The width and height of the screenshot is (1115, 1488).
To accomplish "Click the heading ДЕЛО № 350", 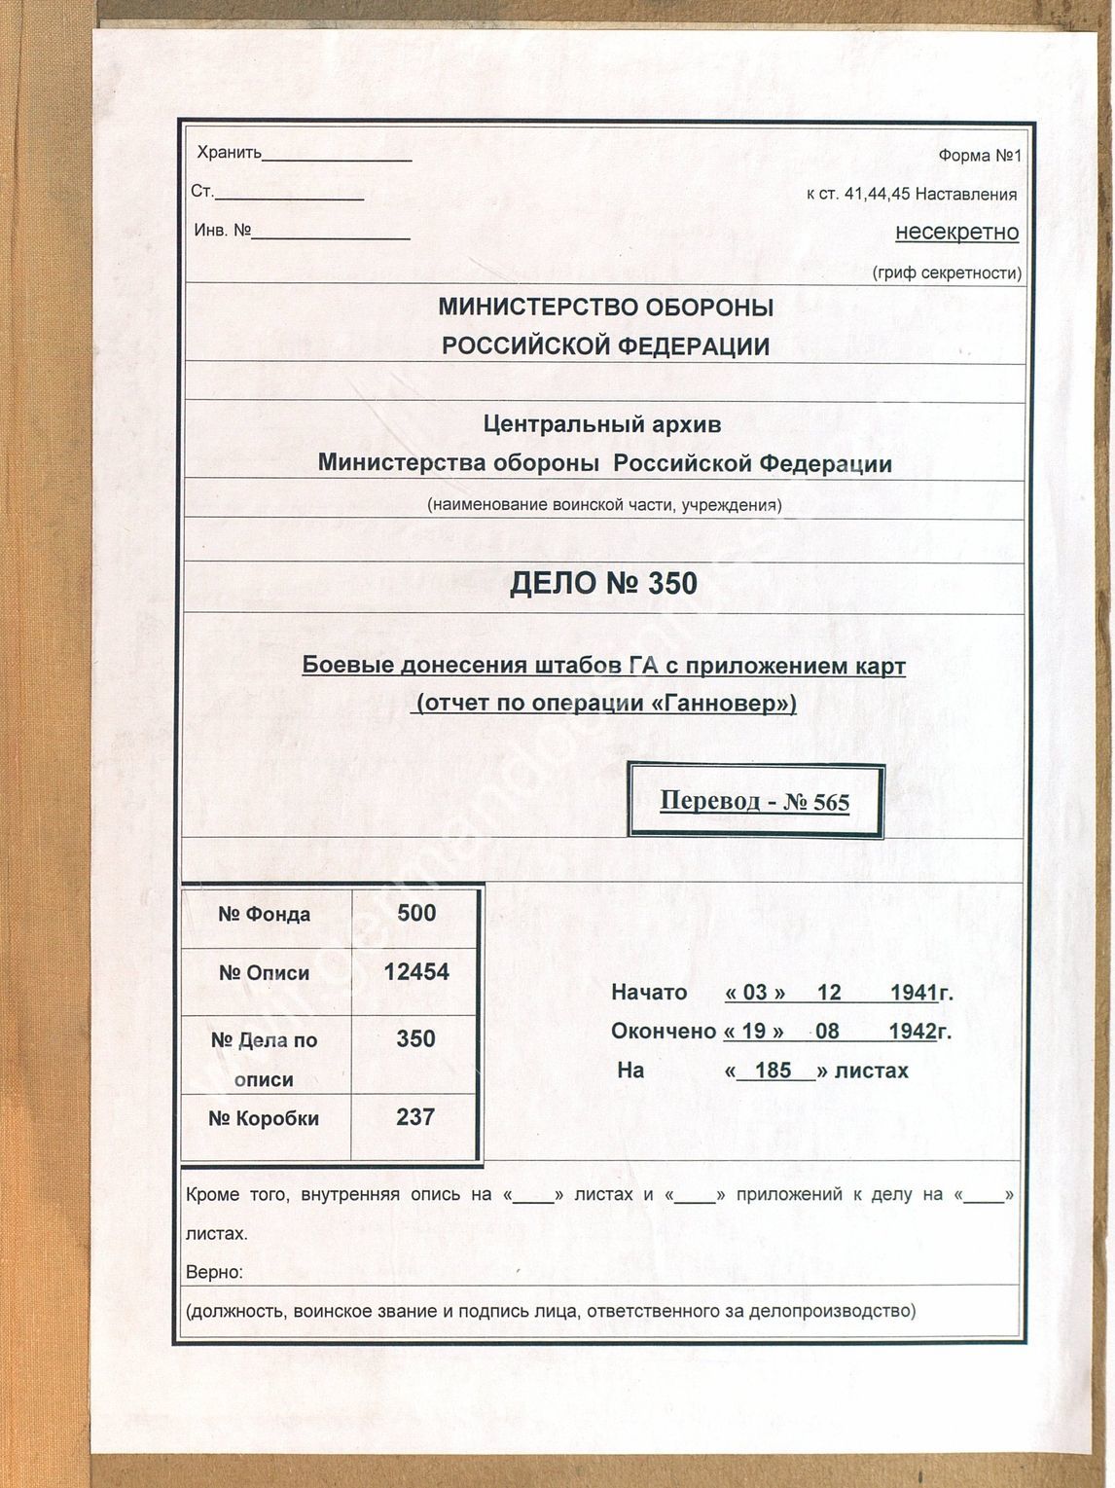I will pos(603,584).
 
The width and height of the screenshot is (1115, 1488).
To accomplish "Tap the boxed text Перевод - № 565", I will pos(754,801).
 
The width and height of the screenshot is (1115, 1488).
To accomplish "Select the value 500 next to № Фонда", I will pos(416,913).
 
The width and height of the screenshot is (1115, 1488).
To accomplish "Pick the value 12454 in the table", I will pos(416,971).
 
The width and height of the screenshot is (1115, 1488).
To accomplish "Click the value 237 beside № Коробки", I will pos(415,1117).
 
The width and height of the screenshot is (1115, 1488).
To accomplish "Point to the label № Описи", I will pos(264,973).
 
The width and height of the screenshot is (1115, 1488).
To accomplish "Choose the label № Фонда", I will pos(264,914).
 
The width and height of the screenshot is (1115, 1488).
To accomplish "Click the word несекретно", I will pos(956,233).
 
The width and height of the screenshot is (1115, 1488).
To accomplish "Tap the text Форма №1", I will pos(980,156).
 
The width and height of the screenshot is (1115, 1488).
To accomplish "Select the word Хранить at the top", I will pos(230,153).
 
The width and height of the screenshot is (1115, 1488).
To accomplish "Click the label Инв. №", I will pos(223,231).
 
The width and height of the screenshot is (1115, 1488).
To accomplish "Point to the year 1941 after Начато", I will pos(912,993).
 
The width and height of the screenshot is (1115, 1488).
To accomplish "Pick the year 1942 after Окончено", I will pos(912,1032).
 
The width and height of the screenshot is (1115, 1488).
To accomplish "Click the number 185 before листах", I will pos(773,1071).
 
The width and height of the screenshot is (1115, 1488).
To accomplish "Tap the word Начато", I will pos(649,993).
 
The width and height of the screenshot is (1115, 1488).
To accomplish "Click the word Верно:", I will pos(214,1272).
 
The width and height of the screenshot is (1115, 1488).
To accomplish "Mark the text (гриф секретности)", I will pos(947,272).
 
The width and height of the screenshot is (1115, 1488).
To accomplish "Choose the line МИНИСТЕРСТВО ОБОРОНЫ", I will pos(605,308).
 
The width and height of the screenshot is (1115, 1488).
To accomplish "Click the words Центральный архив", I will pos(602,424).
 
